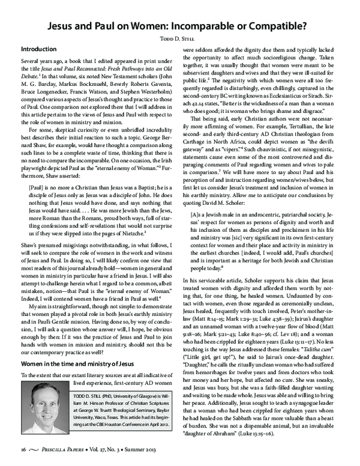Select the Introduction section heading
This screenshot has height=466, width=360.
[x=41, y=48]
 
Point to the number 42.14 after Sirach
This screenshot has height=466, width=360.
[x=197, y=120]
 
